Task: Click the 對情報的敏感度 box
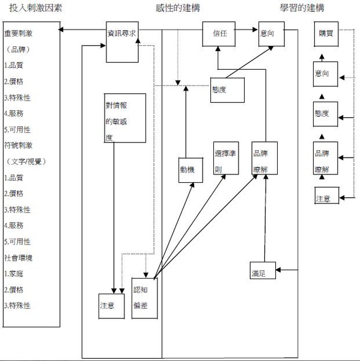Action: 124,118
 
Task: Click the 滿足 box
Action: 263,273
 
